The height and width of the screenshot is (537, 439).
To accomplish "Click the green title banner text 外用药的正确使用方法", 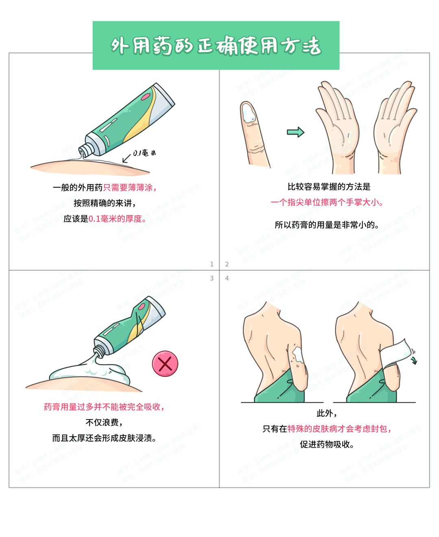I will [216, 46].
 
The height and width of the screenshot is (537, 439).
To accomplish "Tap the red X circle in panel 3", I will [165, 363].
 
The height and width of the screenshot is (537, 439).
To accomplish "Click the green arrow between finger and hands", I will [296, 132].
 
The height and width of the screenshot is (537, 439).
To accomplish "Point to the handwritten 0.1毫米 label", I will [144, 153].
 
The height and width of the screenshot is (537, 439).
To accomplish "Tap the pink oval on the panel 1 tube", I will [146, 97].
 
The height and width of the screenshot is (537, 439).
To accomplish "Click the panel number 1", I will [211, 264].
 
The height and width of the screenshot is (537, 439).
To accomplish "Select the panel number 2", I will [227, 264].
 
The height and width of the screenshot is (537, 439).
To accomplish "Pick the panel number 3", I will [211, 278].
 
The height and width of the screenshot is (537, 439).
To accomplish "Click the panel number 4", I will [227, 278].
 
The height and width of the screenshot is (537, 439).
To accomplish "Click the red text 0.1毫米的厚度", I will [117, 219].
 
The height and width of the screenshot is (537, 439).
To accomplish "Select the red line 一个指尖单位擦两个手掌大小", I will [327, 202].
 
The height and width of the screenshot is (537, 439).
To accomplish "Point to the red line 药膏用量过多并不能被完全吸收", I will [104, 407].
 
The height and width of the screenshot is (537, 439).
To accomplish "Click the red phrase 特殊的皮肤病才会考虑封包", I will [339, 429].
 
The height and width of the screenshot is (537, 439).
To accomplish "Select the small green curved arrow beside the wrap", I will [413, 359].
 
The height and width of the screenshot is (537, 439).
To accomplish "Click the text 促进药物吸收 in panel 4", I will [326, 444].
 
